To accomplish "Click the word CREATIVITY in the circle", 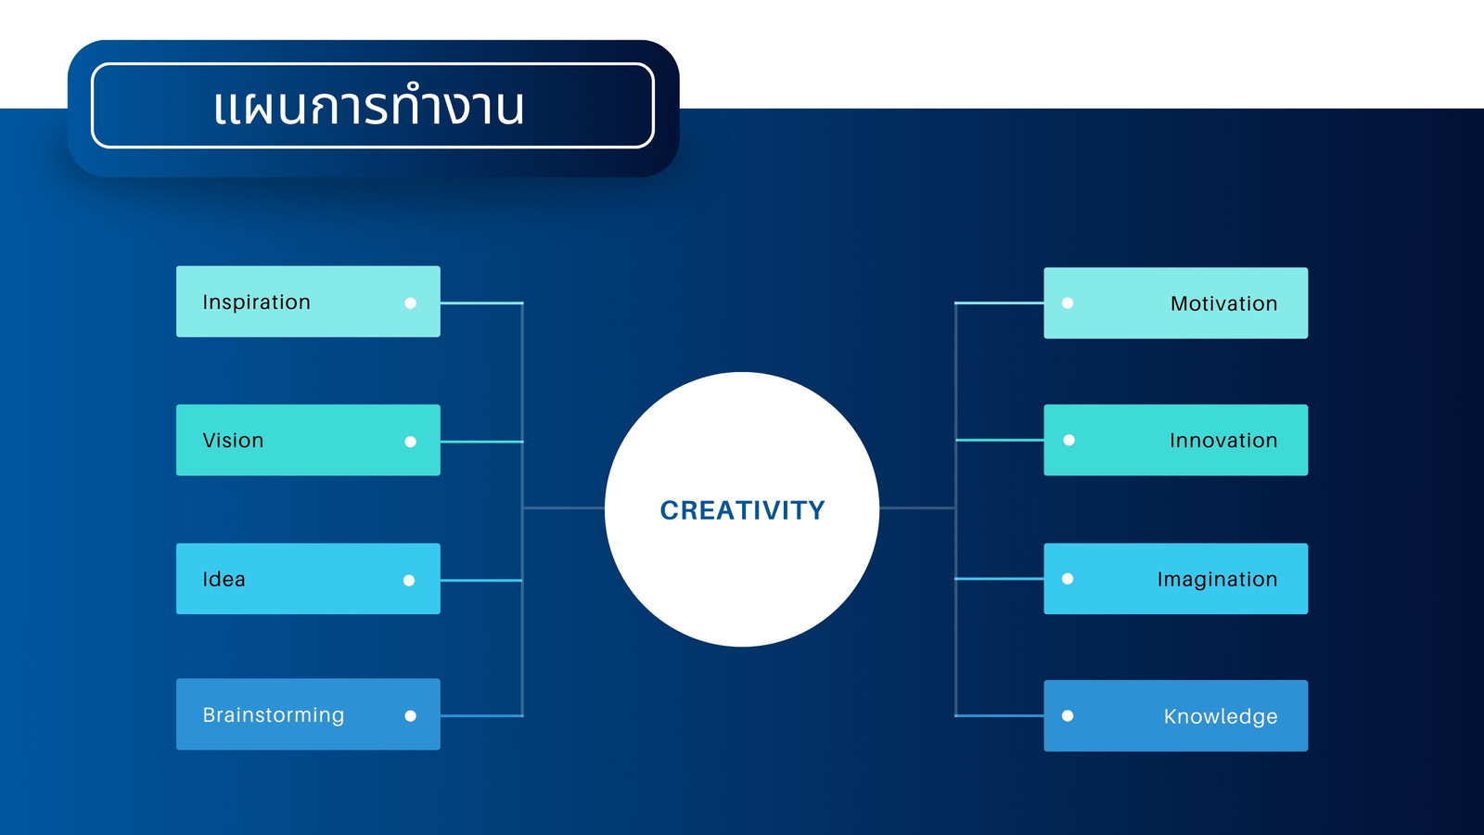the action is coord(742,510).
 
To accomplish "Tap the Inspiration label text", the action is coord(256,302).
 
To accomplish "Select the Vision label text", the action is coord(233,440).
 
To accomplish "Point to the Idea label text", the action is coord(224,579).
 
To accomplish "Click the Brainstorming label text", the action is coord(274,715).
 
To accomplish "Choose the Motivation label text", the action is coord(1223,303).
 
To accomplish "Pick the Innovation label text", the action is coord(1223,440).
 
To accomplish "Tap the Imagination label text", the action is coord(1217,579).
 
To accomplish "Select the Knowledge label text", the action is coord(1221,716).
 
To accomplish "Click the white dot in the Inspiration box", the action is coord(411,302).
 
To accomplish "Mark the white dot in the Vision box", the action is coord(411,442).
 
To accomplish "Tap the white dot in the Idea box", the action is coord(409,581).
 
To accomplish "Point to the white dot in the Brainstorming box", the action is coord(411,715).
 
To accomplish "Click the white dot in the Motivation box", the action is coord(1068,302).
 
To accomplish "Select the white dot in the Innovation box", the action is coord(1069,440).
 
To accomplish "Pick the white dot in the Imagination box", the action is coord(1068,579).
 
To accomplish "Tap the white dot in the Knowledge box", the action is coord(1068,715).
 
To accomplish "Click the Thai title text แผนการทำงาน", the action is coord(369,106).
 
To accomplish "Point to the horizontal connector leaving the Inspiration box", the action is coord(481,302).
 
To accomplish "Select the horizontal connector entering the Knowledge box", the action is coord(1000,715).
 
